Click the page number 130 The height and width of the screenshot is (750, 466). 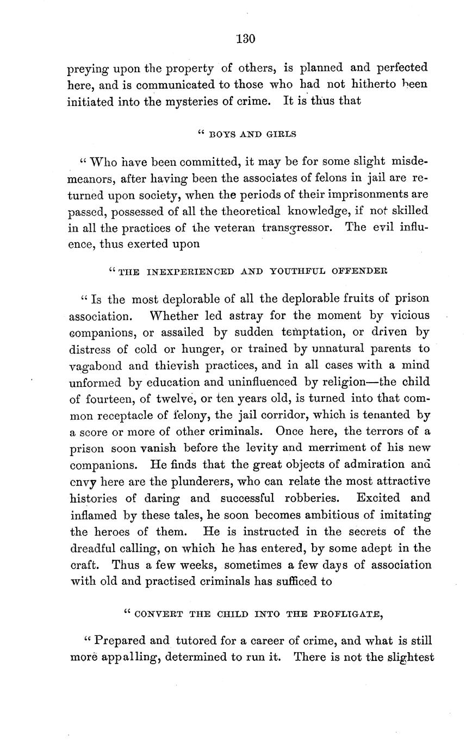(x=246, y=39)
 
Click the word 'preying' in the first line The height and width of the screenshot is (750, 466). (x=86, y=69)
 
